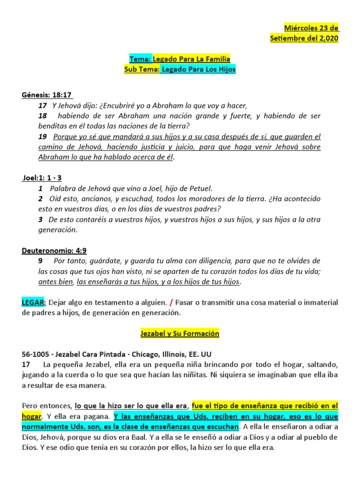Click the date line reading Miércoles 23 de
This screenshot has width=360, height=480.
tap(312, 29)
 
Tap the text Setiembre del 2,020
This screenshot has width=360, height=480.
tap(304, 39)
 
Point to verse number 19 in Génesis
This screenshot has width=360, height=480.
tap(43, 137)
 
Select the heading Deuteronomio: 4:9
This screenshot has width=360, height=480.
tap(54, 251)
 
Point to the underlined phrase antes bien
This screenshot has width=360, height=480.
tap(56, 282)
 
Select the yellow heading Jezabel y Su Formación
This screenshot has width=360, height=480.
tap(180, 334)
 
